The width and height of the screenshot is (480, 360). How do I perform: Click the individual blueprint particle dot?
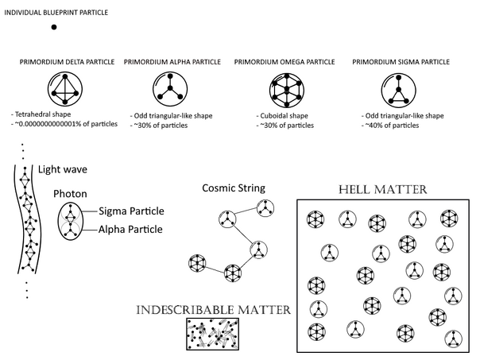(54, 27)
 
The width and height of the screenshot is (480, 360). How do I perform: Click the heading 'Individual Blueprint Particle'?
(56, 13)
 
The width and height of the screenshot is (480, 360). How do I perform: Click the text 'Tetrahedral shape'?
(43, 114)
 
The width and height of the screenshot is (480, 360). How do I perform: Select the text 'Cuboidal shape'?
(284, 116)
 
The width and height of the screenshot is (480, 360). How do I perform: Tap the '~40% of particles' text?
(392, 126)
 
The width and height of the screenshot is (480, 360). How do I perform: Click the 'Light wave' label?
(63, 169)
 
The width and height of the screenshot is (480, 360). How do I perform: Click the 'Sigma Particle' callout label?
(131, 211)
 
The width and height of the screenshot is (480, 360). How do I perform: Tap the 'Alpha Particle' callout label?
(130, 230)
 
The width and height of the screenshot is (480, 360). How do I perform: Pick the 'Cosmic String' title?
(234, 188)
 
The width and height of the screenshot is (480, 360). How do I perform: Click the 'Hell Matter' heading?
(383, 189)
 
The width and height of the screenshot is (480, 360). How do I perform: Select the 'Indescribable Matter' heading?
(213, 310)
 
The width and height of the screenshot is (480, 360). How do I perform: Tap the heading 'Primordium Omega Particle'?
(285, 62)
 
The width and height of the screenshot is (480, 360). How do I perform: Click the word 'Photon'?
(70, 194)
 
